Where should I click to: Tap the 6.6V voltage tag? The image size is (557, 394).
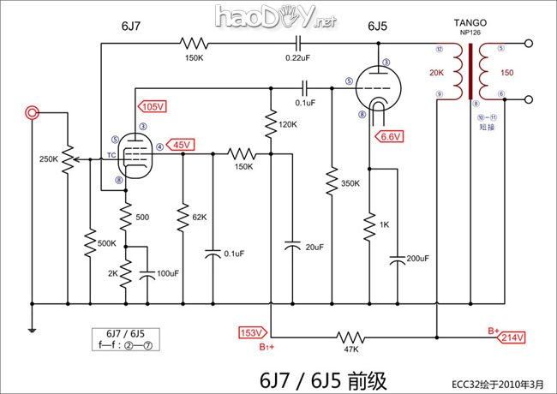388,136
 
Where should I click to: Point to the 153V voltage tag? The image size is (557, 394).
251,332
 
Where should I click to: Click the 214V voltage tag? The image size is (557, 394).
512,337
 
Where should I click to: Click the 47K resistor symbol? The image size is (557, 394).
349,337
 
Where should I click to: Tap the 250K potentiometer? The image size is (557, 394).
67,159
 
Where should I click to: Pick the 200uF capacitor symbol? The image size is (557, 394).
397,259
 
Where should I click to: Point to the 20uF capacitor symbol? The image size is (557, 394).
292,246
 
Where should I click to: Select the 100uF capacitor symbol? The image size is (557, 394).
147,274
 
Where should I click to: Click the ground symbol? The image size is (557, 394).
32,329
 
